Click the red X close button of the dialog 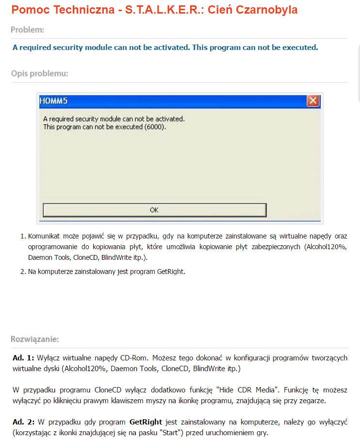tap(313, 101)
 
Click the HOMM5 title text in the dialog tap(52, 102)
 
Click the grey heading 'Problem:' tap(28, 30)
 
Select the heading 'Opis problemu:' tap(39, 74)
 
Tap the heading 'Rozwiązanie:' tap(35, 339)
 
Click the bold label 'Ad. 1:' tap(23, 358)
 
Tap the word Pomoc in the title tap(27, 9)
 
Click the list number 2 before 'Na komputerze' tap(22, 272)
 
